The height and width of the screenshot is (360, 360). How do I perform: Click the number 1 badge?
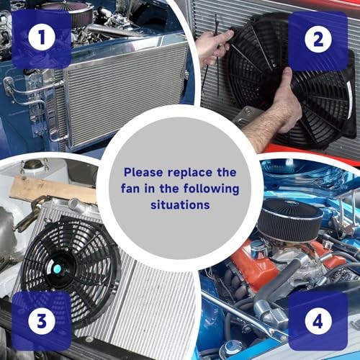point(42,37)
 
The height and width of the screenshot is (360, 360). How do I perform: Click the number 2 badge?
point(318,39)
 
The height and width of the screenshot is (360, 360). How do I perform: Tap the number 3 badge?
point(42,320)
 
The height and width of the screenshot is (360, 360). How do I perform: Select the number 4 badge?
point(318,320)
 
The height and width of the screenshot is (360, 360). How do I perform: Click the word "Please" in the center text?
point(143,173)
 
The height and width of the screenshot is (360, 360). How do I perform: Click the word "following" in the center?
point(211,189)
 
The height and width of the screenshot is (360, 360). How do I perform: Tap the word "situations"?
point(180,204)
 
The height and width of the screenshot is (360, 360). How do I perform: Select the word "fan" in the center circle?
point(130,189)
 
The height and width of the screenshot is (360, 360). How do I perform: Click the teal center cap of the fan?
point(57,269)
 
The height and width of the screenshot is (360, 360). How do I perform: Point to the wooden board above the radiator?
point(53,189)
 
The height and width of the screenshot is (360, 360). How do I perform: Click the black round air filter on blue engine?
point(290,220)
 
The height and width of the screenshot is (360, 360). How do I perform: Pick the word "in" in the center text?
point(149,189)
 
